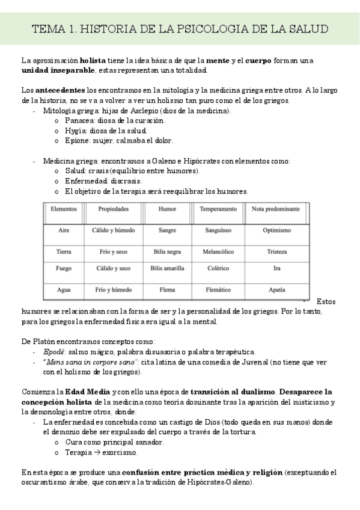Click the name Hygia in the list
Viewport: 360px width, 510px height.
click(x=76, y=131)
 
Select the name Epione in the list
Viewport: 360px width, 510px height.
click(x=77, y=141)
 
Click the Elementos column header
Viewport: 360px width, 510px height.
click(x=64, y=209)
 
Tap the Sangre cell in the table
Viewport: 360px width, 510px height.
click(x=167, y=230)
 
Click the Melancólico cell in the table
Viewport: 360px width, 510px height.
click(x=218, y=251)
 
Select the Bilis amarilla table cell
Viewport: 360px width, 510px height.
click(x=167, y=268)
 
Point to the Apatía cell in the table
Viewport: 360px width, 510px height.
click(x=276, y=289)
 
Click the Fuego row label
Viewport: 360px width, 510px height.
click(x=64, y=268)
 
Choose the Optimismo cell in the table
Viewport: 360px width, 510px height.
click(x=276, y=230)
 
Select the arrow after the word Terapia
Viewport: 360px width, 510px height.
click(x=97, y=452)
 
